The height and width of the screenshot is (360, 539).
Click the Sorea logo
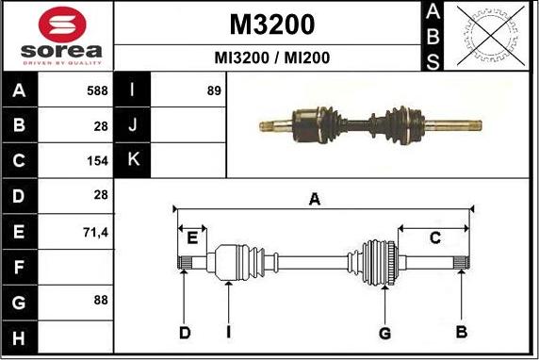pos(57,36)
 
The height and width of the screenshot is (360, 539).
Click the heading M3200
pos(271,24)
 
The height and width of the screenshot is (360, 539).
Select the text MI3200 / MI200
pos(271,57)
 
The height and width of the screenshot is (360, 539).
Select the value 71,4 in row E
pos(95,230)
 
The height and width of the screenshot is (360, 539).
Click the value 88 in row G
pos(100,300)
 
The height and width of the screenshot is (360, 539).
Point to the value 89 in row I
pos(213,91)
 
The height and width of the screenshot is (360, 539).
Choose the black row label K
pos(133,159)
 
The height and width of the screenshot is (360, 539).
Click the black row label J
pos(133,125)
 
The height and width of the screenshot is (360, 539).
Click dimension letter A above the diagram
pos(316,199)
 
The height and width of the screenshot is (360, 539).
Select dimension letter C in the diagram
pos(434,238)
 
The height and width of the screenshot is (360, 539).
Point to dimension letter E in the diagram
pos(192,236)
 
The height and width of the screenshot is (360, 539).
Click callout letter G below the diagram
pos(384,332)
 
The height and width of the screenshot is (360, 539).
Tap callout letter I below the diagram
pos(228,332)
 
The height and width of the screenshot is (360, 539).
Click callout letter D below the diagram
pos(185,332)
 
